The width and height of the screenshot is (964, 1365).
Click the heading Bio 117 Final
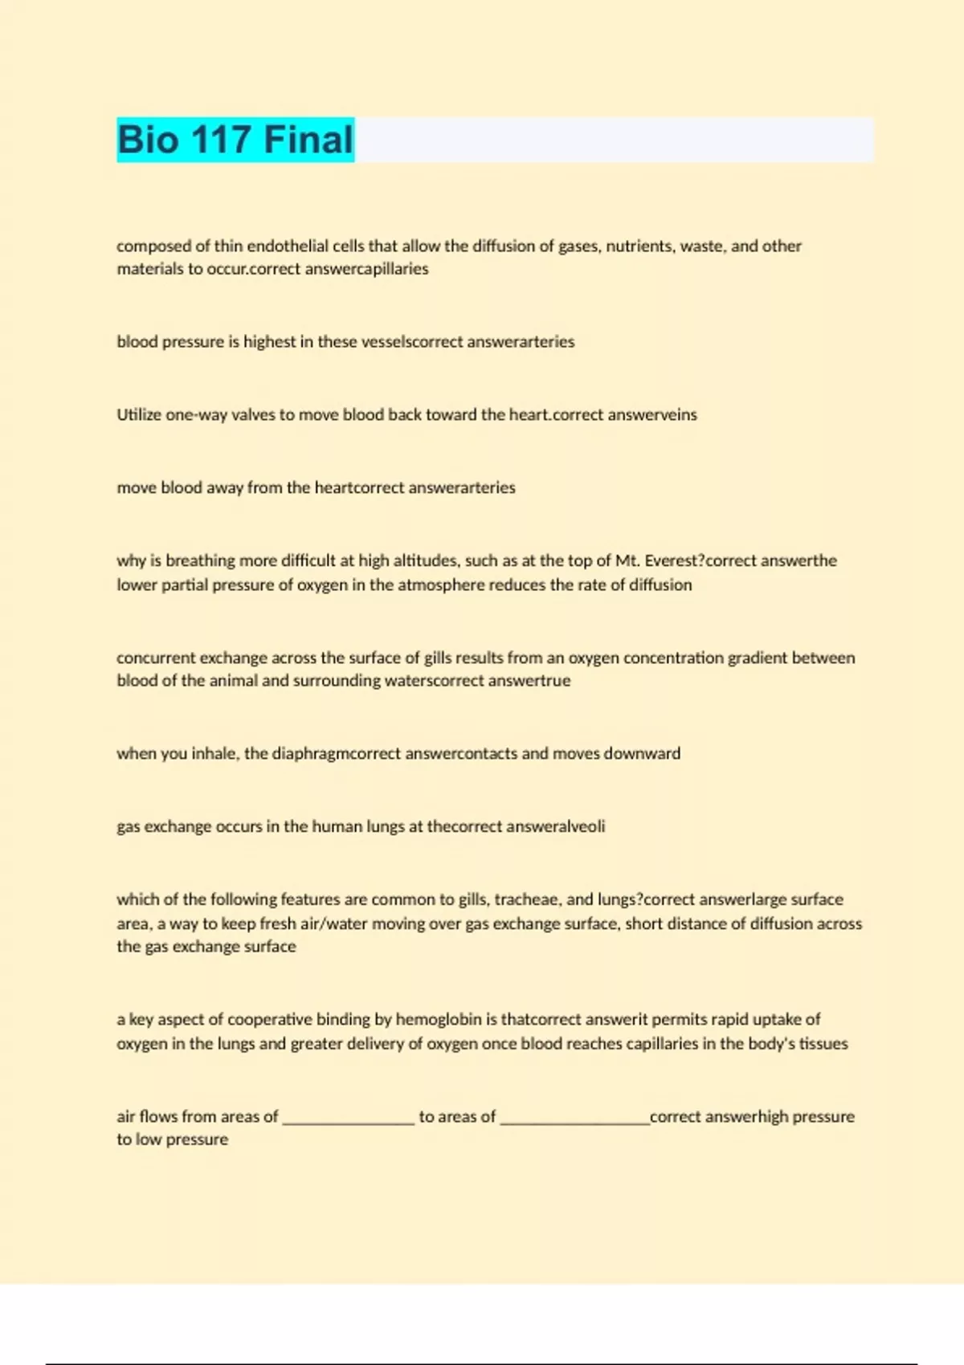pos(235,140)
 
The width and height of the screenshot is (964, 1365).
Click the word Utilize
pos(139,415)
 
